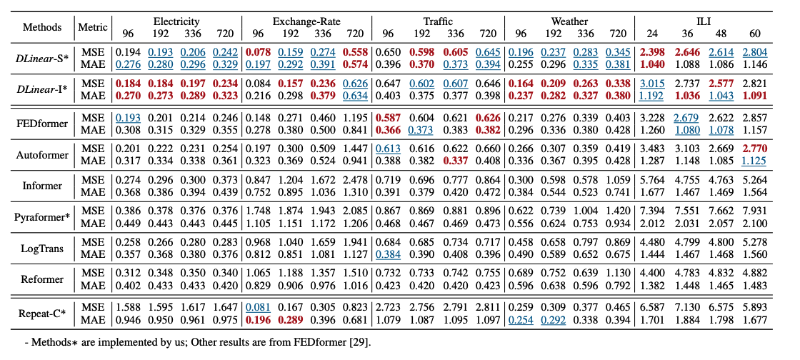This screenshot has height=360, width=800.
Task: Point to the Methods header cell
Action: pyautogui.click(x=42, y=28)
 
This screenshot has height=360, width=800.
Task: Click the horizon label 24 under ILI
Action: pyautogui.click(x=650, y=34)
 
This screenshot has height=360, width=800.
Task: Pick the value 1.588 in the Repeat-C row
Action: pyautogui.click(x=129, y=306)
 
